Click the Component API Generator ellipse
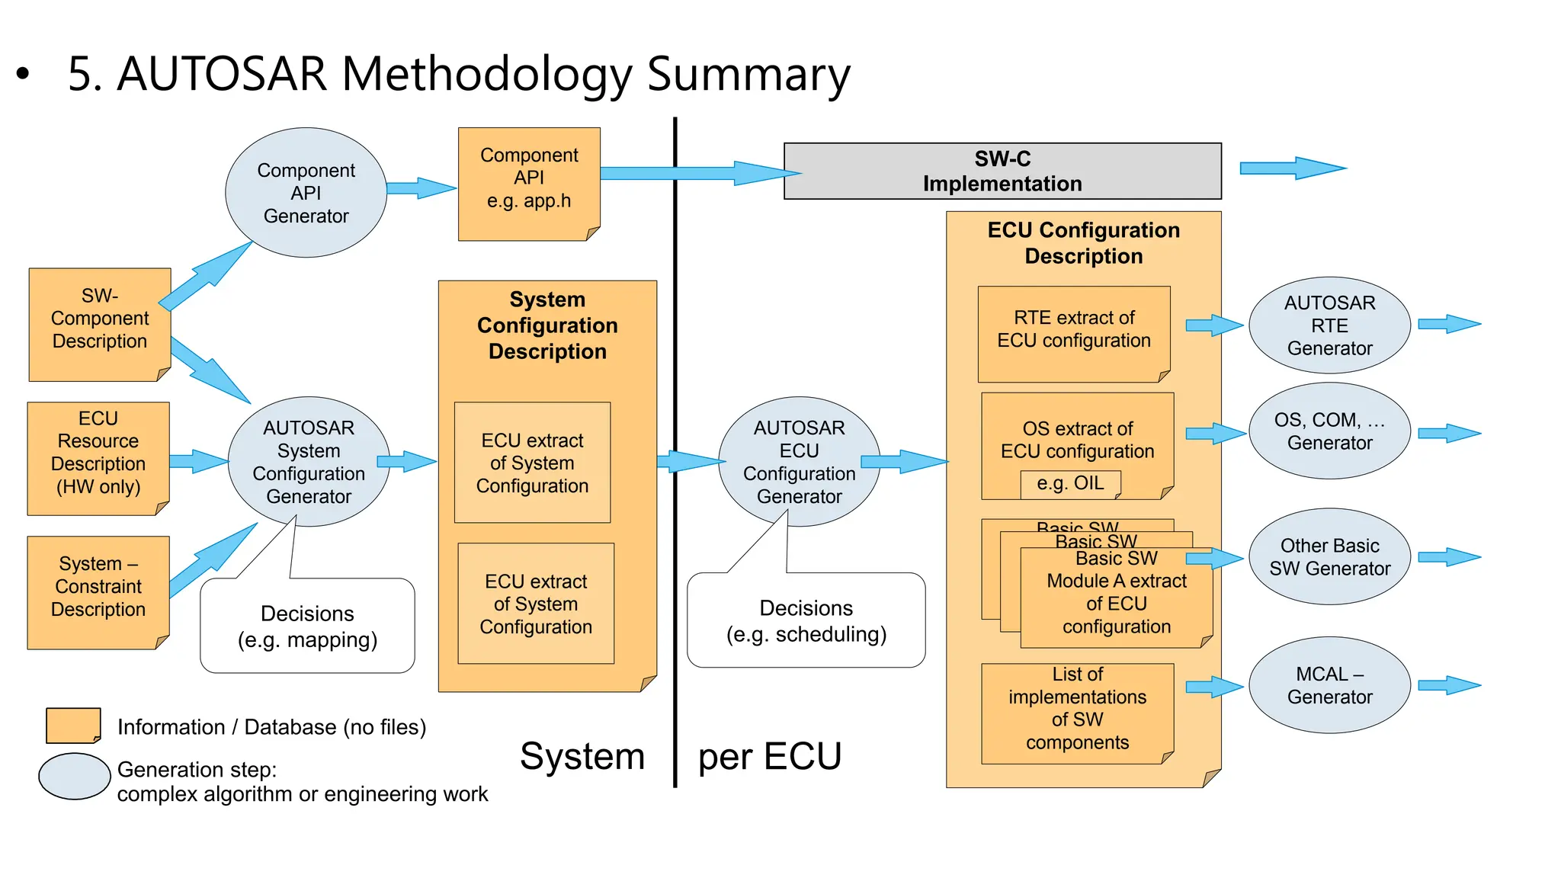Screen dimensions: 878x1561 (306, 193)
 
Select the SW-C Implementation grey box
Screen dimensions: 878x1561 (1002, 171)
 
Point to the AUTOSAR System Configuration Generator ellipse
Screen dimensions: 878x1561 (309, 461)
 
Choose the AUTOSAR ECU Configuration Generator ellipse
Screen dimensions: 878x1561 (799, 461)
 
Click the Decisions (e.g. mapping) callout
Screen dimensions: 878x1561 (307, 626)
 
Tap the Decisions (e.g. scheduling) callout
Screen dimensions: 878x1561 (806, 620)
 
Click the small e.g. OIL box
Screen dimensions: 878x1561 (1070, 484)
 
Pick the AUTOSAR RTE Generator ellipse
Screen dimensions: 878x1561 (1329, 325)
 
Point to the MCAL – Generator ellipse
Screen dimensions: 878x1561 (1329, 685)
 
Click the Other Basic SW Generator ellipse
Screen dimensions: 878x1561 (1329, 557)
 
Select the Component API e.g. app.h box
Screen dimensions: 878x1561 (529, 184)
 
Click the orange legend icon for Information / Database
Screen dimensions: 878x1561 (73, 725)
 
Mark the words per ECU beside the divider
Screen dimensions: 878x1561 (769, 757)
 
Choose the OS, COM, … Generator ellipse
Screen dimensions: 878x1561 (1329, 431)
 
